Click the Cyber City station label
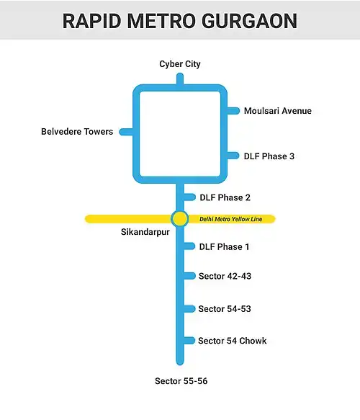(180, 64)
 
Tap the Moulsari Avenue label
(278, 111)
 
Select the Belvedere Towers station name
(77, 132)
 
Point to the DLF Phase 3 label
(269, 156)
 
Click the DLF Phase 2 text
(225, 197)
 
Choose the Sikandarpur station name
(145, 232)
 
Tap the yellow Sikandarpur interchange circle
(179, 218)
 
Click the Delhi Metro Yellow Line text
(230, 219)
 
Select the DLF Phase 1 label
(224, 246)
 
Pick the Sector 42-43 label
(225, 276)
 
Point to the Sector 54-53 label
(225, 309)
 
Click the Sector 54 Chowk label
(233, 341)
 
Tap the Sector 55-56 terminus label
(181, 381)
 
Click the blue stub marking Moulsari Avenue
(233, 111)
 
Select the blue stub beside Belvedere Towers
(126, 132)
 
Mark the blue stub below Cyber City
(180, 79)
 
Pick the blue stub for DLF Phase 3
(233, 156)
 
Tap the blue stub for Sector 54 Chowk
(189, 341)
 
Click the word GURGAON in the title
(249, 21)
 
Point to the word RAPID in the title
(92, 21)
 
